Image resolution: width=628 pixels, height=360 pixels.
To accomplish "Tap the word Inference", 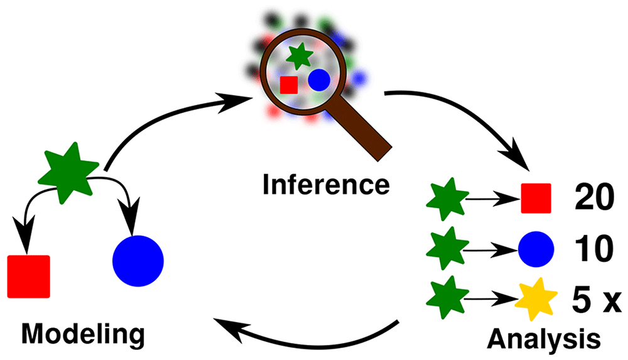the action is click(x=326, y=185).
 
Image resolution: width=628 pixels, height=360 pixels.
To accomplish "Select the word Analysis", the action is click(x=543, y=340).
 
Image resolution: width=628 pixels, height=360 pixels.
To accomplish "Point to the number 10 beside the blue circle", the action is click(x=594, y=249).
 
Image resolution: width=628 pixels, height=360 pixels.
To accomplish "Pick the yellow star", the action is click(x=536, y=298).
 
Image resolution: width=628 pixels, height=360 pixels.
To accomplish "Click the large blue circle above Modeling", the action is click(x=138, y=261).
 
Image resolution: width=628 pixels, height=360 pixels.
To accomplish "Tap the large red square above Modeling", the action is click(x=29, y=276).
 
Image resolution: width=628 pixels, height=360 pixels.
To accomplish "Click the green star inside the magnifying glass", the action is click(x=299, y=57).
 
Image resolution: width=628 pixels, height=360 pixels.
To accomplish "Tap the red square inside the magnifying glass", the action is click(x=289, y=85).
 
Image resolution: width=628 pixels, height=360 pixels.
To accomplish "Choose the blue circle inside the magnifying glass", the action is click(x=319, y=80).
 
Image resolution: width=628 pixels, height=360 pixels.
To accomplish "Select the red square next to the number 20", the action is click(x=536, y=198).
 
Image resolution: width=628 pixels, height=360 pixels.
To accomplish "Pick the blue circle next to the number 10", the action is click(x=536, y=249).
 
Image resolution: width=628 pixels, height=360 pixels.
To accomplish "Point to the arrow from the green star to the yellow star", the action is click(x=491, y=298).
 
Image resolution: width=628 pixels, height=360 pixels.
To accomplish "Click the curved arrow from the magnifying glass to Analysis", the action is click(x=475, y=113).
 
